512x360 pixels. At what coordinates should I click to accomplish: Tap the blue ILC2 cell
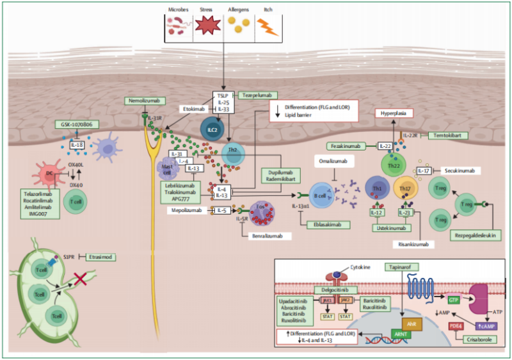[212, 128]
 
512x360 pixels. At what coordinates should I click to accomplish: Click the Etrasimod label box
[102, 257]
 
